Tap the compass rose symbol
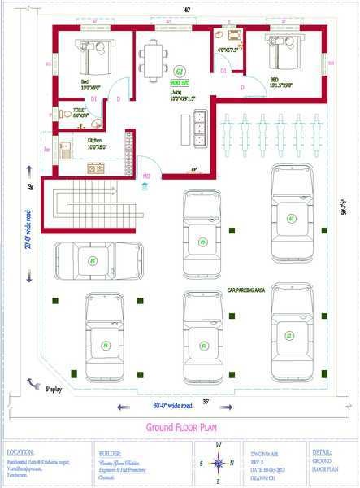(218, 464)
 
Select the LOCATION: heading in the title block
(20, 451)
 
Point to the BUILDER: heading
(110, 451)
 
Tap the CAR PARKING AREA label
(246, 290)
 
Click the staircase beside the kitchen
(90, 207)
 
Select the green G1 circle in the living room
(179, 72)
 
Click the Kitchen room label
(95, 141)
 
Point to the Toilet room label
(80, 110)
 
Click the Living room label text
(176, 93)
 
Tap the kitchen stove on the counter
(96, 168)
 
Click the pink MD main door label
(146, 176)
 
